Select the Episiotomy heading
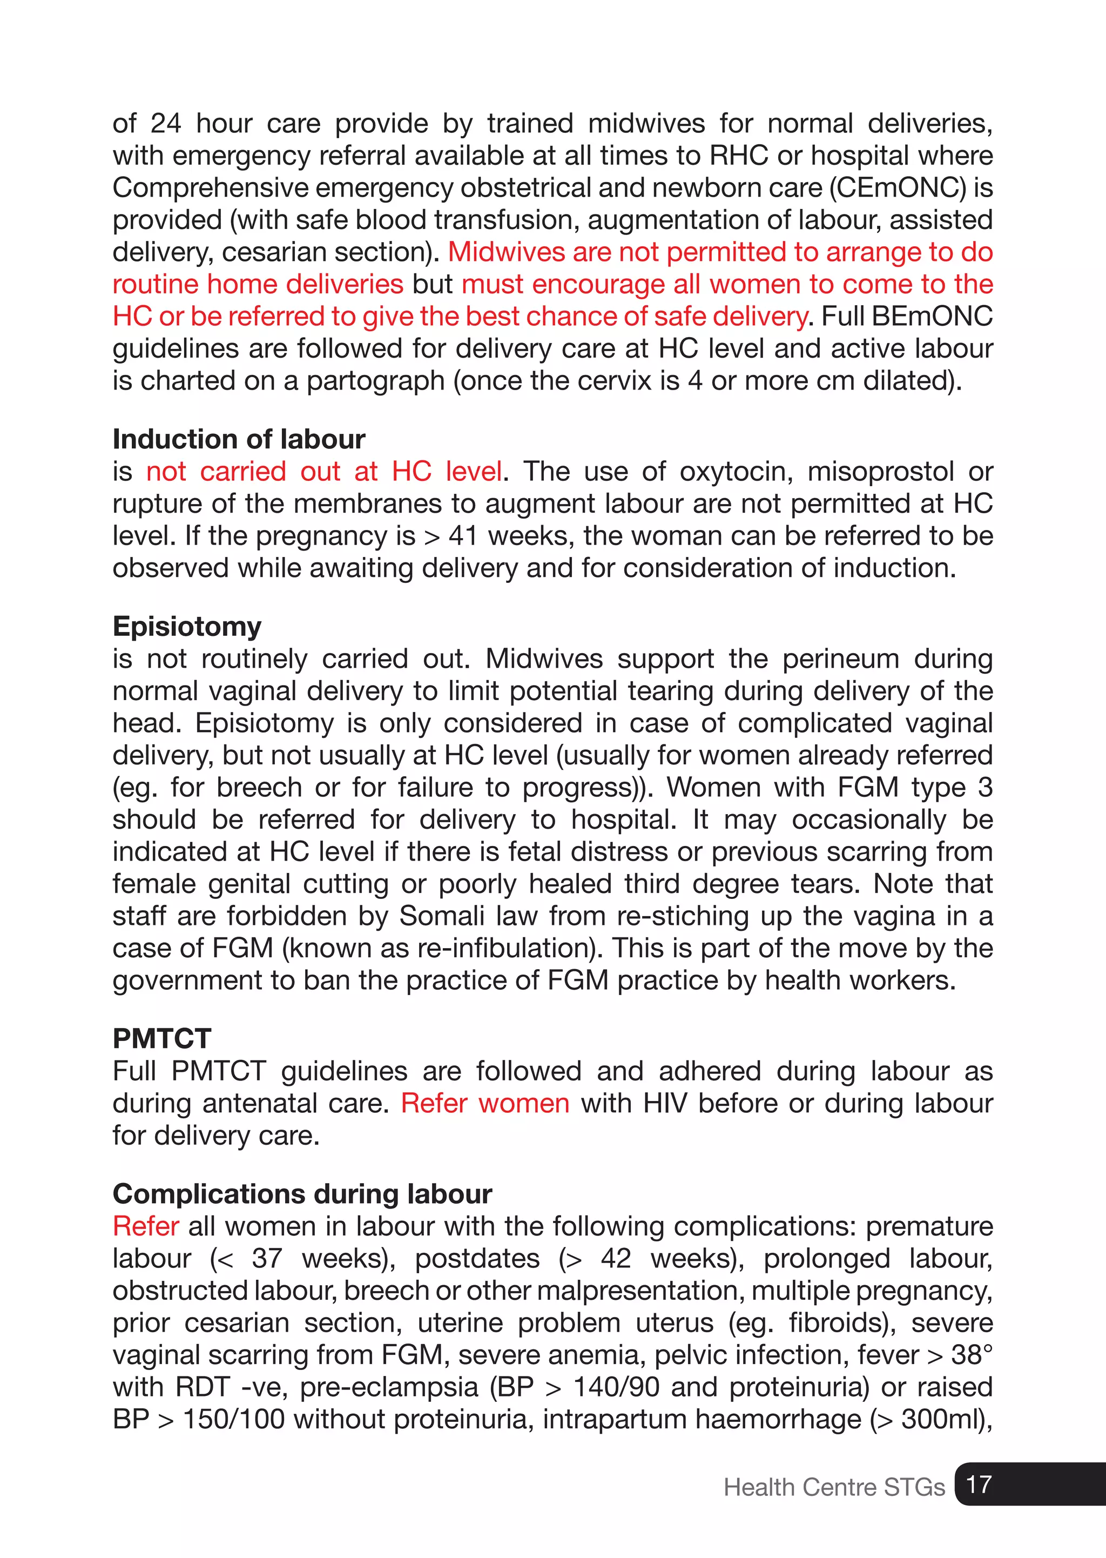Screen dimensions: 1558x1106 point(187,627)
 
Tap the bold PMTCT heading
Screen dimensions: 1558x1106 point(162,1039)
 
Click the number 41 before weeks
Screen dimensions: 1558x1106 point(463,536)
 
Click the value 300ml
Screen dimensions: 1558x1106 point(939,1419)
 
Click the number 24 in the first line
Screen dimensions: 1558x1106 point(165,124)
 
